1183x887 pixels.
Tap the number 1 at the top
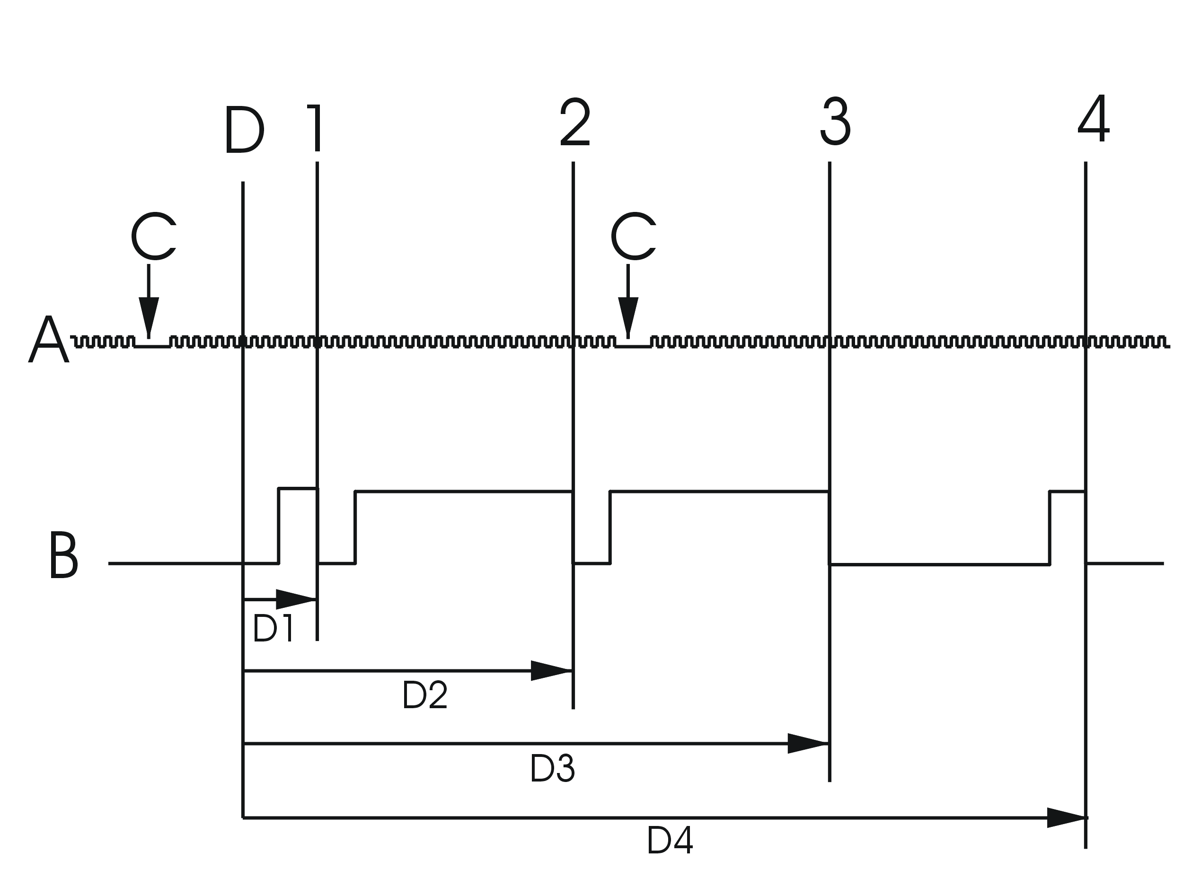pos(315,128)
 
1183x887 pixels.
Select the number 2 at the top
pos(575,123)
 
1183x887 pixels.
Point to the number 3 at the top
pos(835,122)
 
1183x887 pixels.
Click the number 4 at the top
pos(1093,119)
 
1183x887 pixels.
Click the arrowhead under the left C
pos(149,316)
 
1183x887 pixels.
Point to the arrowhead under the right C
pos(628,316)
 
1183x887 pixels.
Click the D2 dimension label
pos(424,695)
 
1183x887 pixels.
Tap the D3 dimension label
pos(552,769)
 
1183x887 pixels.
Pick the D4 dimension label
pos(670,840)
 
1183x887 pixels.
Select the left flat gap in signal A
pos(152,345)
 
